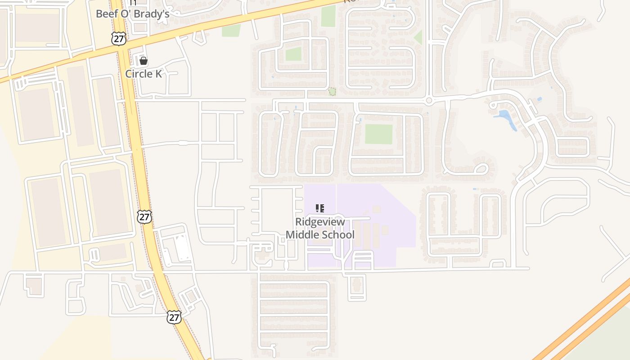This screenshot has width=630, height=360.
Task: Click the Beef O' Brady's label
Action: click(132, 14)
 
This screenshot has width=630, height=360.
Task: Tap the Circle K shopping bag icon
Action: click(144, 61)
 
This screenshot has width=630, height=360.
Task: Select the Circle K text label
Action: click(143, 74)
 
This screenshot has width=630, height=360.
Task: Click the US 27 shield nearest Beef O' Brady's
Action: click(118, 39)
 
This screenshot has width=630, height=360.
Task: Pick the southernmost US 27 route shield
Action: click(174, 317)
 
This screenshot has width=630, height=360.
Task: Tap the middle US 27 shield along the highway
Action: click(144, 216)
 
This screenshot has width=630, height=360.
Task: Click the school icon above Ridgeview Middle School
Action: click(320, 208)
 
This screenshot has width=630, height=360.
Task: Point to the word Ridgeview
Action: click(320, 222)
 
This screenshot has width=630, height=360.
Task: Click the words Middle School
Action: click(320, 234)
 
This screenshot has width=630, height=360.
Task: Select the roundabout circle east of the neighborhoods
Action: click(429, 100)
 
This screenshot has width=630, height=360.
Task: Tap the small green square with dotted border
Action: click(332, 92)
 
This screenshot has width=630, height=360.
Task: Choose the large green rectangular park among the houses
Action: click(378, 134)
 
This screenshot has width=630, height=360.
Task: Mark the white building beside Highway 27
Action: click(181, 248)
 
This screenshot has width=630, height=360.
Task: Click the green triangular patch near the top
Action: click(418, 37)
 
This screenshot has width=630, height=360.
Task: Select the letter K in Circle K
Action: click(158, 74)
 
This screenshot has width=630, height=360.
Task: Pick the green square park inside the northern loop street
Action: click(293, 54)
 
